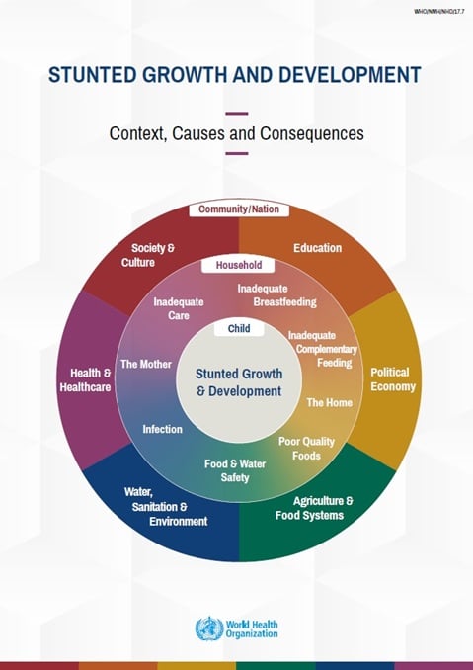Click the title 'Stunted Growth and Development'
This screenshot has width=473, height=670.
235,75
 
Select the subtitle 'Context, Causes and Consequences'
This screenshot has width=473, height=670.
236,131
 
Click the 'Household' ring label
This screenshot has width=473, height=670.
237,266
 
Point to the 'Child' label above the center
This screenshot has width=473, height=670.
238,328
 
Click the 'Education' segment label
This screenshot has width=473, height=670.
317,248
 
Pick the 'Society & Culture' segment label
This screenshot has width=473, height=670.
153,256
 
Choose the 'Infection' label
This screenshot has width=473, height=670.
162,429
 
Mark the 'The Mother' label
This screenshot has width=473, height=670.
145,365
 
